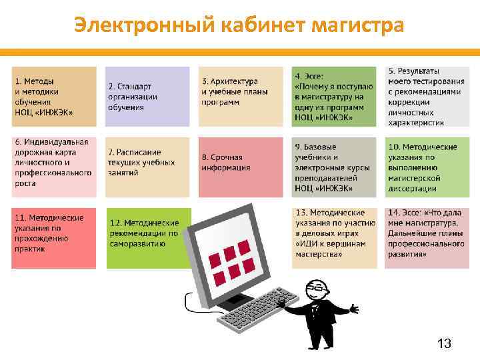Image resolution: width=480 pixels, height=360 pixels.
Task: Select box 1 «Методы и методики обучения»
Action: coord(54,97)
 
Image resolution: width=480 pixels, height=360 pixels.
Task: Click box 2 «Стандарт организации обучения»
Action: coord(147,97)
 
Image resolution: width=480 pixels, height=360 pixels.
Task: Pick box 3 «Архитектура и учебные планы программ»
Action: coord(241,97)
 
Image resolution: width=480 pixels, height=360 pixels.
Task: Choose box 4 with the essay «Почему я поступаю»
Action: coord(334,97)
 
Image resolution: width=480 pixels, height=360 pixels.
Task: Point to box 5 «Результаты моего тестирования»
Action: coord(427,97)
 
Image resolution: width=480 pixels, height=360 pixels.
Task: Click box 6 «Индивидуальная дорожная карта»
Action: coord(54,167)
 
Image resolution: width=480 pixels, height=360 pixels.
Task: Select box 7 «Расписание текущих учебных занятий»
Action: coord(147,167)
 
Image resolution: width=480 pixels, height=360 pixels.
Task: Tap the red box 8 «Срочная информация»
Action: coord(241,167)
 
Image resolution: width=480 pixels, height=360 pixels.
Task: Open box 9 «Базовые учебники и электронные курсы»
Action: coord(334,167)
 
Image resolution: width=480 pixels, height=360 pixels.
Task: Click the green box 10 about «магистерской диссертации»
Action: coord(427,167)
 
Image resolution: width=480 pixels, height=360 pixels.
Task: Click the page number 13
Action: coord(444,343)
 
